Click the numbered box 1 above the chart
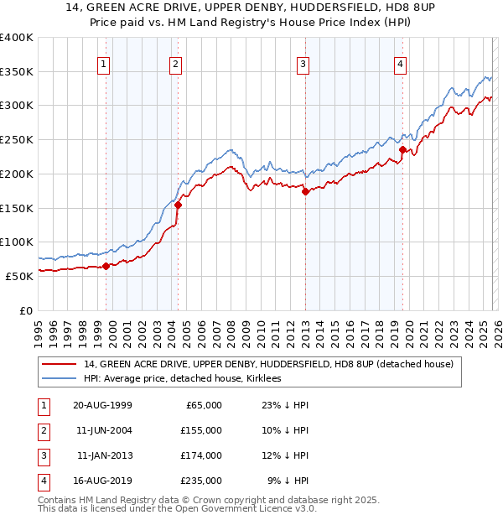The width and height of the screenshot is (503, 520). [x=103, y=64]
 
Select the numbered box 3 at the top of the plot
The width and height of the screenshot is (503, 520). [x=302, y=64]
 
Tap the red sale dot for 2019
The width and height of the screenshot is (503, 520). [x=402, y=150]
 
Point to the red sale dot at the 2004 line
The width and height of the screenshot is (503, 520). [x=178, y=205]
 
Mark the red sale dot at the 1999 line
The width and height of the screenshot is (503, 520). [x=106, y=267]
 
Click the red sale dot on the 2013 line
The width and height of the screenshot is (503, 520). [x=304, y=191]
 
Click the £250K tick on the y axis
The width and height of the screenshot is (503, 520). [x=17, y=139]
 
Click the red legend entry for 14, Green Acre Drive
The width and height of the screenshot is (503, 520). [x=268, y=364]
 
